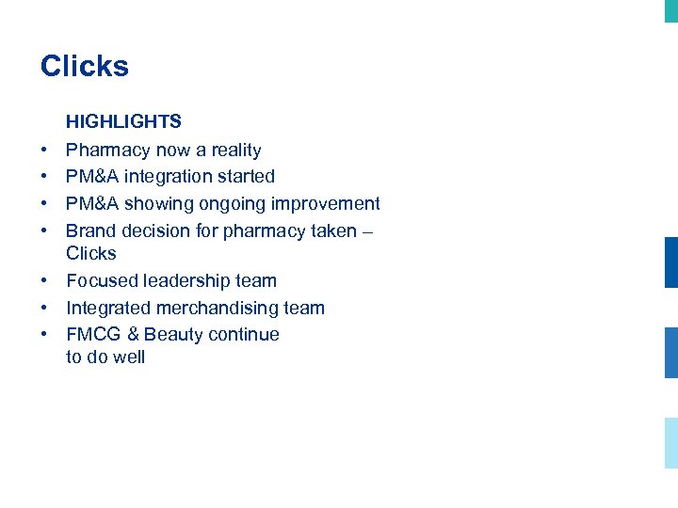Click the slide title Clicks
click(x=85, y=67)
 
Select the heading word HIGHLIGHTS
click(x=123, y=122)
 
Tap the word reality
click(x=236, y=151)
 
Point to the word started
click(x=246, y=177)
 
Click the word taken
click(x=336, y=231)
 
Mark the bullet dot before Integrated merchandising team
click(x=44, y=309)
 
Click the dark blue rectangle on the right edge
click(x=670, y=262)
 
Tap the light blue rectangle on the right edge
click(x=670, y=442)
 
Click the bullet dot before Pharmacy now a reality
click(x=44, y=151)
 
